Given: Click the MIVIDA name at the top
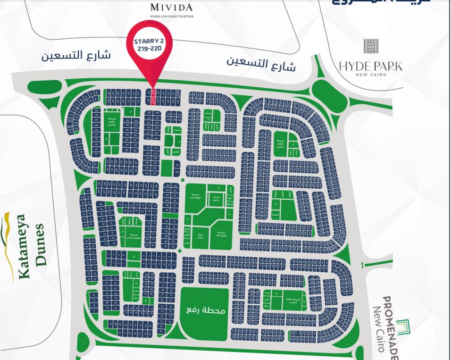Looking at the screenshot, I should coord(171,7).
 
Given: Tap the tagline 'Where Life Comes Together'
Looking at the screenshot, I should coord(172,16).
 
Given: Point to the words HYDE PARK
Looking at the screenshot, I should coord(371,66).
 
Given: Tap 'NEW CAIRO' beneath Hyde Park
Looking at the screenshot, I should coord(371,75).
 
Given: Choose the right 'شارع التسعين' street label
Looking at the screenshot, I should coord(261,64).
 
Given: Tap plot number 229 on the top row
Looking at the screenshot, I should coord(179,93).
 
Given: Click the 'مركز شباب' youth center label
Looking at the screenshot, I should coord(200,234).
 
